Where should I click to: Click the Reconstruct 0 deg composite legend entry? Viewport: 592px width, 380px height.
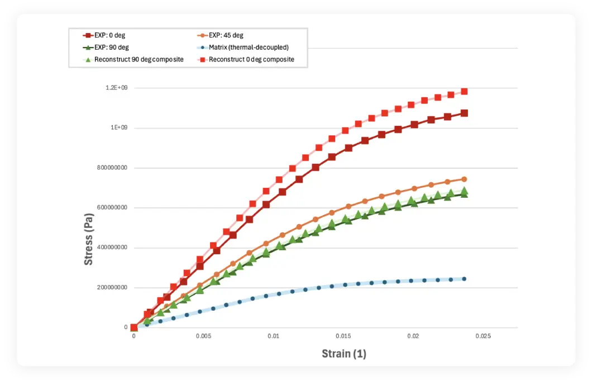click(245, 59)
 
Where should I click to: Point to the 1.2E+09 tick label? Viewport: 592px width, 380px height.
click(117, 88)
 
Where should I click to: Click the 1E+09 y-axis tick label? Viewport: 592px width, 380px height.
click(120, 128)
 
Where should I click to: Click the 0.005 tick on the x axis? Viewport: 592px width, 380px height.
click(204, 336)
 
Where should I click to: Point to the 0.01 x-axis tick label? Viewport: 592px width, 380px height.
click(274, 336)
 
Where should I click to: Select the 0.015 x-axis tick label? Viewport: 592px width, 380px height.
click(343, 336)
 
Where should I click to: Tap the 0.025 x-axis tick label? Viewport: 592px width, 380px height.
click(483, 336)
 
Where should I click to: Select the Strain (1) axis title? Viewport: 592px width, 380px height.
click(343, 354)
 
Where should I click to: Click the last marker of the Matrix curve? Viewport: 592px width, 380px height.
click(464, 279)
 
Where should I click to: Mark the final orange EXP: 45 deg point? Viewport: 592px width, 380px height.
click(464, 179)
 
